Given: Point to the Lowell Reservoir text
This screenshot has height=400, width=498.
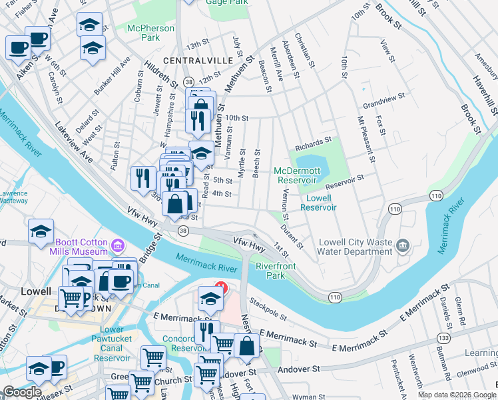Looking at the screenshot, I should pyautogui.click(x=318, y=203).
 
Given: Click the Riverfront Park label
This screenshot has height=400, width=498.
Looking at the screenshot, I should pyautogui.click(x=275, y=270).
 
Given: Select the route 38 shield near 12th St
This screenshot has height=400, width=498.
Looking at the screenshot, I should pyautogui.click(x=188, y=81).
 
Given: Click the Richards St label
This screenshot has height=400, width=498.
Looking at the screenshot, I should pyautogui.click(x=314, y=143).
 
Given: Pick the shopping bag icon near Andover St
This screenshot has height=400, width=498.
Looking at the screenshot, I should pyautogui.click(x=246, y=345).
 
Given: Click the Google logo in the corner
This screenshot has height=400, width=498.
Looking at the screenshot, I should pyautogui.click(x=22, y=392).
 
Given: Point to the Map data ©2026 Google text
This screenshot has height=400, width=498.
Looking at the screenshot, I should pyautogui.click(x=456, y=395).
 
